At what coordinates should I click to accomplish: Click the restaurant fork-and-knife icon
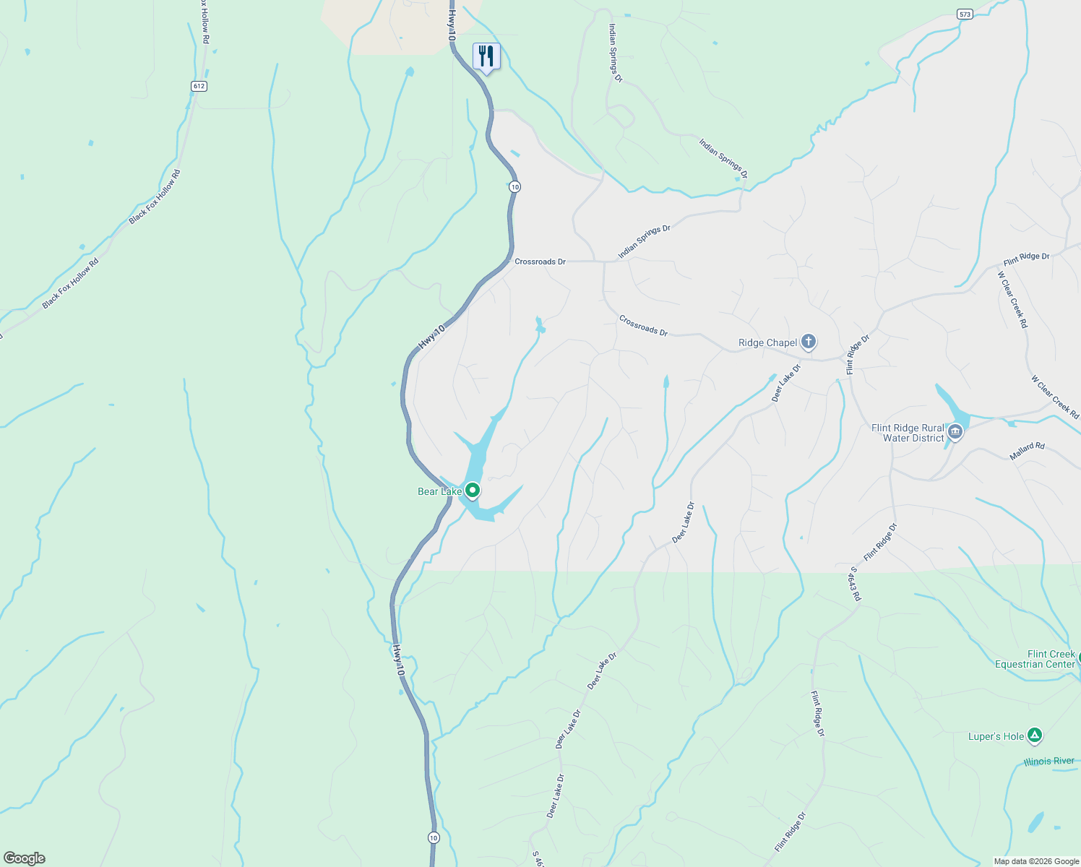486,56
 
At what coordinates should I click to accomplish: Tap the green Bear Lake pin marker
473,491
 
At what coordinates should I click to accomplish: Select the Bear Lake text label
439,492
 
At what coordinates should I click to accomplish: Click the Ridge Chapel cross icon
809,342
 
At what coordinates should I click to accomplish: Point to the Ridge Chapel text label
767,343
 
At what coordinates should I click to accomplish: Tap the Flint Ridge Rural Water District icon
955,432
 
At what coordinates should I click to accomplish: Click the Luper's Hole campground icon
1035,736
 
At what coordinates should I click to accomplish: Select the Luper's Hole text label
996,737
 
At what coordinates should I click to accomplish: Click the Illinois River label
1048,762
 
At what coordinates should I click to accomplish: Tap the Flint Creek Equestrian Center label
1035,659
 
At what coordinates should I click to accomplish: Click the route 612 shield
199,86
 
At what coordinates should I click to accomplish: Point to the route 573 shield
965,14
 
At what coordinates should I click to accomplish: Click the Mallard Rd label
1027,451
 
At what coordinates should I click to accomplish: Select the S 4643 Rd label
856,584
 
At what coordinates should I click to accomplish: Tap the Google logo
24,858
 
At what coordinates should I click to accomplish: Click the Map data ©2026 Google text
1036,861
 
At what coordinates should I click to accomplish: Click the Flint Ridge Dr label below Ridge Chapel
858,354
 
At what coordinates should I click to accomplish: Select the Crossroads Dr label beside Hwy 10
540,262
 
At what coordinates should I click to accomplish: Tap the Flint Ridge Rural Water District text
908,433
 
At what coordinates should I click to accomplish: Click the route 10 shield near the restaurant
514,186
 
